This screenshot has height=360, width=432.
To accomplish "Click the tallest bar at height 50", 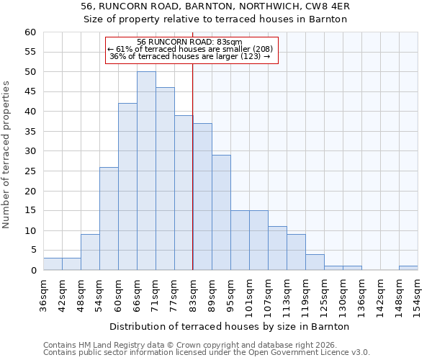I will tap(146, 171).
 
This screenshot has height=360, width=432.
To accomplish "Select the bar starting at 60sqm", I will tap(127, 186).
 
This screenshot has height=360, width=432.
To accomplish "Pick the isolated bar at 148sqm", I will tap(408, 268).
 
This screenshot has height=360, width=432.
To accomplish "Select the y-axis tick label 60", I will tap(30, 32).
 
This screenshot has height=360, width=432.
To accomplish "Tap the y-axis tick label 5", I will tap(33, 251).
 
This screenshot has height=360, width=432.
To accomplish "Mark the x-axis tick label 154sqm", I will tap(417, 295).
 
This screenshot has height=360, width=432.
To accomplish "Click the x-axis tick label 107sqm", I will tap(267, 295).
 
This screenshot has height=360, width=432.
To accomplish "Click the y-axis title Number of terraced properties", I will tap(7, 155).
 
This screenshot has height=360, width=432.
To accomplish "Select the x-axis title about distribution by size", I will tap(230, 326).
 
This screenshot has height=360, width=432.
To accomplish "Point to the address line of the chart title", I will tap(215, 6).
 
